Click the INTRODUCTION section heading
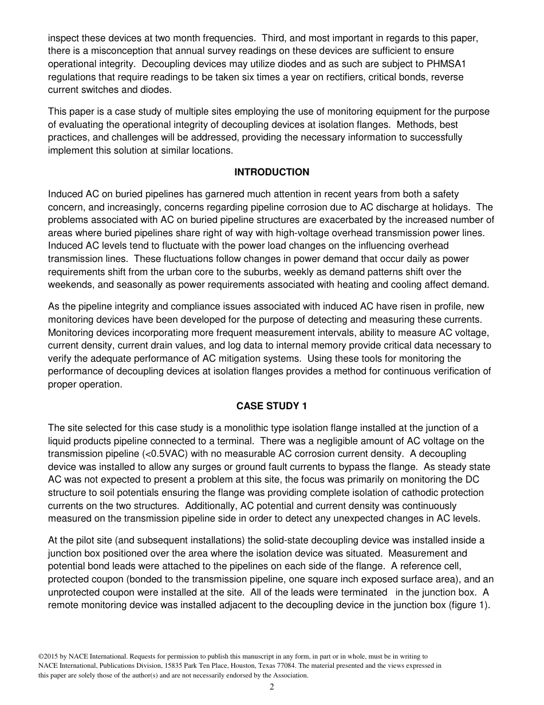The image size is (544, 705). (271, 172)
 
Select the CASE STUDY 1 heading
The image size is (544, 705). (271, 406)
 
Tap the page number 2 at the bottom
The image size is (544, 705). (272, 687)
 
